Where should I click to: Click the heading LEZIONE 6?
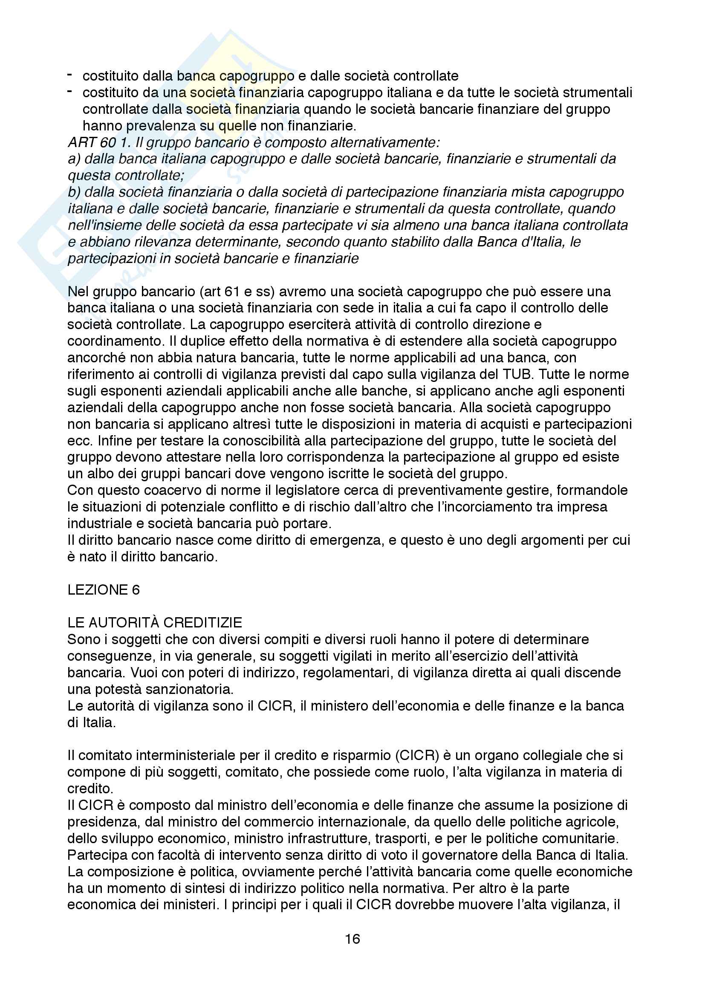click(103, 590)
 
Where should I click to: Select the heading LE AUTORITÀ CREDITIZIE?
click(155, 623)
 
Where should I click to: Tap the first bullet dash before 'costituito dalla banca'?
click(69, 75)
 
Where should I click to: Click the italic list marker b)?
click(74, 192)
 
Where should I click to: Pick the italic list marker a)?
click(74, 159)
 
